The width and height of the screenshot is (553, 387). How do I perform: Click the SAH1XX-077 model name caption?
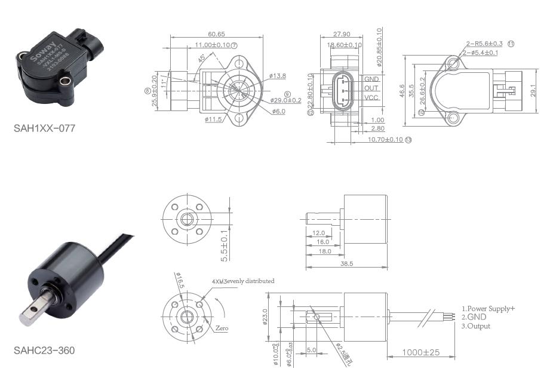(x=44, y=128)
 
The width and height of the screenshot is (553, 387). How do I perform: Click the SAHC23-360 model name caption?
(x=44, y=351)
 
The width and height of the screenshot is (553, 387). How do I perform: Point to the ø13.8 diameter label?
(x=278, y=76)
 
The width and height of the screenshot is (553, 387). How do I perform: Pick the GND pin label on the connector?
(x=371, y=79)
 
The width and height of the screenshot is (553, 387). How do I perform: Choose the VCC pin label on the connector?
(x=371, y=97)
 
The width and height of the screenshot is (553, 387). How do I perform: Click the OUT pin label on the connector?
(x=371, y=88)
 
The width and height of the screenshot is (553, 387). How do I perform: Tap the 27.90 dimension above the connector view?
(x=342, y=34)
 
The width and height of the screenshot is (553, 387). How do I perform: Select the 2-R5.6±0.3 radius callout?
(x=484, y=44)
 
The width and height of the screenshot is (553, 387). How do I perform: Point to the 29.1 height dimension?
(x=541, y=90)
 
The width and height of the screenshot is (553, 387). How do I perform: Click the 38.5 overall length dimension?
(x=346, y=263)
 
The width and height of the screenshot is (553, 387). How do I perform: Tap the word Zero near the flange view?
(x=222, y=328)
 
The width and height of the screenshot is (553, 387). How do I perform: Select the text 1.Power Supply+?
(x=488, y=308)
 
